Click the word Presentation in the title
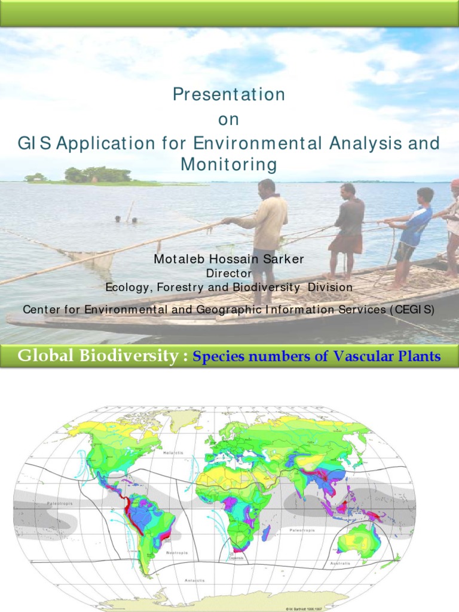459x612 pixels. click(x=228, y=94)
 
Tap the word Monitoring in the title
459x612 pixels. click(x=228, y=164)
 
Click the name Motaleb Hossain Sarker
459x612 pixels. click(x=229, y=259)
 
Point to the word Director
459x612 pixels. click(x=229, y=273)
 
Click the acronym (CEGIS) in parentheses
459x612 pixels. click(x=411, y=310)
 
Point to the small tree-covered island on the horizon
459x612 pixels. click(x=97, y=175)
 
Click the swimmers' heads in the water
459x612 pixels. click(x=126, y=220)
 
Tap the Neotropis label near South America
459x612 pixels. click(x=177, y=553)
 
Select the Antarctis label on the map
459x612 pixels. click(x=195, y=580)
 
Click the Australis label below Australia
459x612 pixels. click(x=341, y=563)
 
